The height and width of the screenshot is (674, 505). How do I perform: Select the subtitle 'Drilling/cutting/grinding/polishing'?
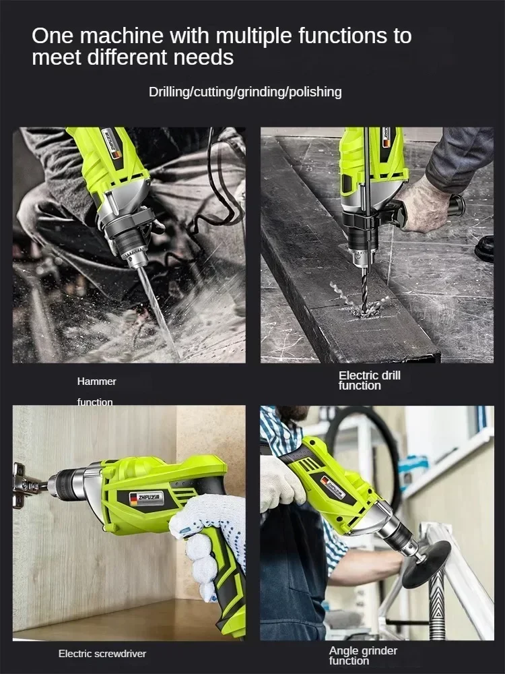pyautogui.click(x=245, y=92)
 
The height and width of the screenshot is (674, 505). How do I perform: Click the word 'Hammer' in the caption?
pyautogui.click(x=97, y=381)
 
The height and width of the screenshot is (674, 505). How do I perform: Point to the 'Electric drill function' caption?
pyautogui.click(x=369, y=380)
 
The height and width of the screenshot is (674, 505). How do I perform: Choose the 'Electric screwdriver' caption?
pyautogui.click(x=102, y=653)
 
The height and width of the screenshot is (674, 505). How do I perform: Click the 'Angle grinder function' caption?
pyautogui.click(x=363, y=655)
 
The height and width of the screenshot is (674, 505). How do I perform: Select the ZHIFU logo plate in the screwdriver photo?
pyautogui.click(x=144, y=498)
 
